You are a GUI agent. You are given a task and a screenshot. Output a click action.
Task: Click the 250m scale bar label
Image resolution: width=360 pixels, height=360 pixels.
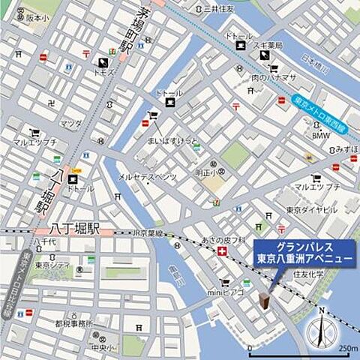tap(347, 349)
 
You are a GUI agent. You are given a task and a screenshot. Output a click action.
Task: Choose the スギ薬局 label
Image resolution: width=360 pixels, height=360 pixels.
tap(268, 46)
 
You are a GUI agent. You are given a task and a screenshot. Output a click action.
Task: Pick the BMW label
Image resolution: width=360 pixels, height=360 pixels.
tap(322, 136)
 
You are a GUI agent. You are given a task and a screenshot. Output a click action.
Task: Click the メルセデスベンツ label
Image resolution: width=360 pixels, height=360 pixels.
tap(147, 177)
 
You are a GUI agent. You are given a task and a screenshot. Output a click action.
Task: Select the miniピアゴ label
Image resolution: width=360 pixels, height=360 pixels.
tap(226, 292)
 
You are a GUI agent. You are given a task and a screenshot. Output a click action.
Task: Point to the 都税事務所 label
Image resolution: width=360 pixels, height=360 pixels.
tap(74, 324)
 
